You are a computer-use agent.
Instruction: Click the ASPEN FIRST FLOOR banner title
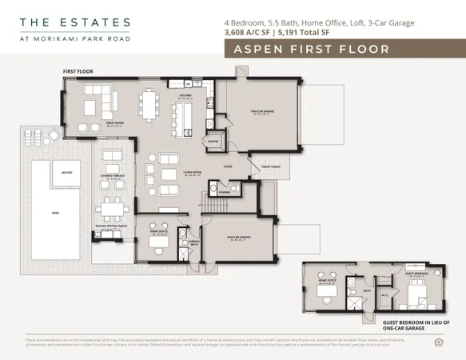tap(311, 50)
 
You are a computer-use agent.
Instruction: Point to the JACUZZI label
tap(55, 170)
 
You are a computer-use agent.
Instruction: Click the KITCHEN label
tap(185, 95)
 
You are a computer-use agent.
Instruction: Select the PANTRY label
tap(213, 141)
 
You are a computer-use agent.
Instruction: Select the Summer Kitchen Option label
tap(112, 226)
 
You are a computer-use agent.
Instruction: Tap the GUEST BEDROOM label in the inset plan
tap(416, 274)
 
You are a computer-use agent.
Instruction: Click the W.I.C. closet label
tap(386, 295)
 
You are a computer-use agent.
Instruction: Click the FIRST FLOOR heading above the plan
tap(78, 71)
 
